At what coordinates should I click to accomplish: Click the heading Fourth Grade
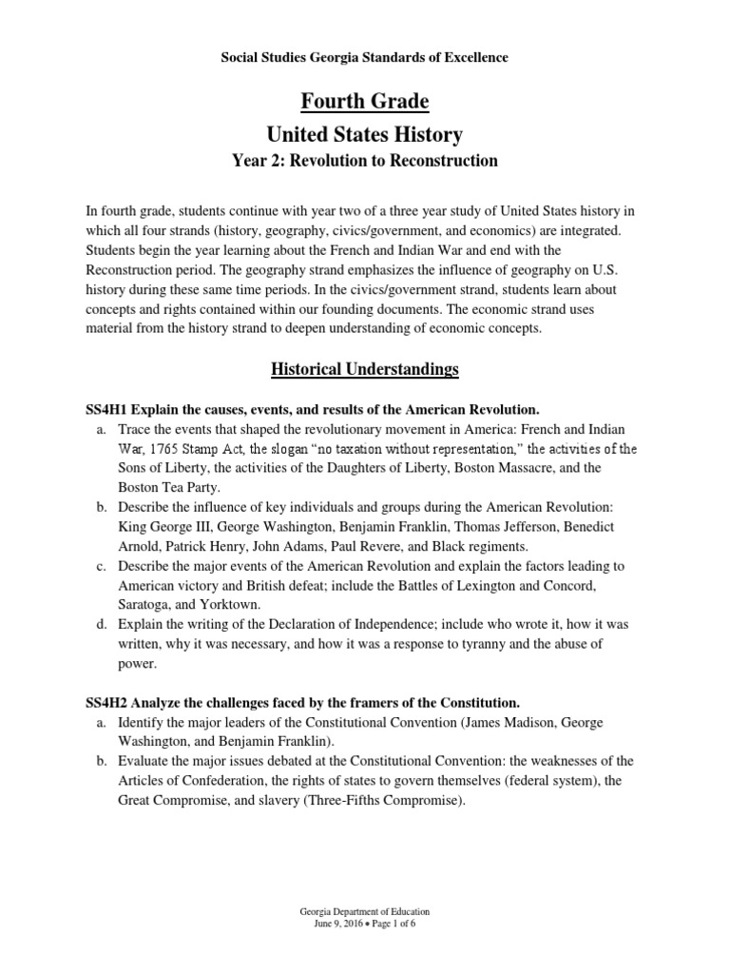point(365,101)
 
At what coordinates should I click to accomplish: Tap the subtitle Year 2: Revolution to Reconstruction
point(365,161)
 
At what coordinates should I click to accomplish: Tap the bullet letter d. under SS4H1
point(101,624)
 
